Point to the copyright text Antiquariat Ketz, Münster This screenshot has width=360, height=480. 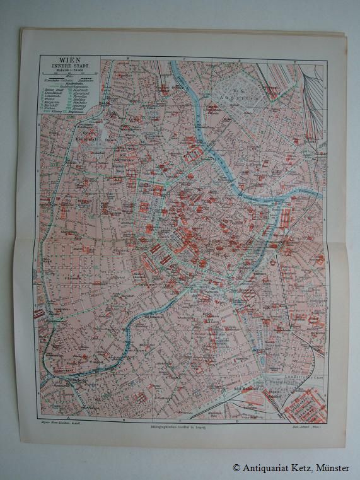[x=291, y=467]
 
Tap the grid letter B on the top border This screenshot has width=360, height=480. [x=127, y=57]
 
